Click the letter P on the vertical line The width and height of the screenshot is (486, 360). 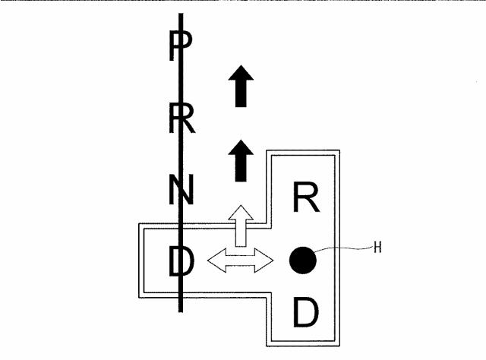(x=181, y=46)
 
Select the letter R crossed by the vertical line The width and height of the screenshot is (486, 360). (x=182, y=118)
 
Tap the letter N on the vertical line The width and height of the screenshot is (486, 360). (x=181, y=189)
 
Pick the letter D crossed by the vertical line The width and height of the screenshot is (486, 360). (x=181, y=261)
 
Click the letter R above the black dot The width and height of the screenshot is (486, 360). (x=306, y=197)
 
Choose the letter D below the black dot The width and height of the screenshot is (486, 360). (x=306, y=311)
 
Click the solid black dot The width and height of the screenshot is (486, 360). (x=303, y=261)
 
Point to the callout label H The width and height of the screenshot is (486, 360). (x=377, y=248)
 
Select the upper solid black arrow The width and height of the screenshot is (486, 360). (x=241, y=86)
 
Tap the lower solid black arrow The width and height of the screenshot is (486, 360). (x=241, y=160)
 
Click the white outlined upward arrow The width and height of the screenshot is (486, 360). (x=241, y=226)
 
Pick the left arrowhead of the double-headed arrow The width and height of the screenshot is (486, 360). (x=216, y=261)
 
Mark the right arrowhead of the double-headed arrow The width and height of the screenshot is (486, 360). (x=264, y=261)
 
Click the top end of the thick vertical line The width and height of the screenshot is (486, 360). (x=181, y=14)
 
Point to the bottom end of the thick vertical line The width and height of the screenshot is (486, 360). (x=181, y=311)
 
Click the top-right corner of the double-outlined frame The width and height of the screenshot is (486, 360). (x=339, y=150)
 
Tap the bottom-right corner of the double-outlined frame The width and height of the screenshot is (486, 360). (x=339, y=346)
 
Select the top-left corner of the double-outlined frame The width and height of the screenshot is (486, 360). (x=138, y=223)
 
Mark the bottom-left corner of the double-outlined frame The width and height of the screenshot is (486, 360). (x=138, y=298)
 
